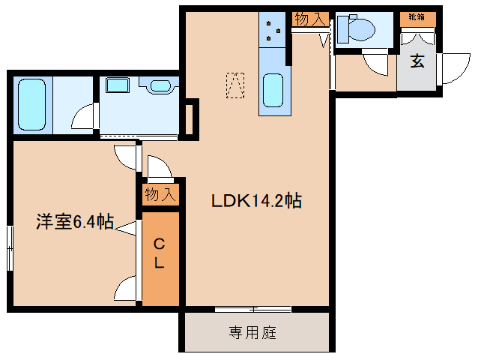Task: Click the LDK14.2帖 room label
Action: click(257, 201)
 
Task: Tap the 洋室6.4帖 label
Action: click(75, 222)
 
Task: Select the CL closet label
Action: click(159, 253)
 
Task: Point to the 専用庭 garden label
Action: click(252, 332)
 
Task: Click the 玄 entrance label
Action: click(417, 61)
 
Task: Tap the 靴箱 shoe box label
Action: click(417, 16)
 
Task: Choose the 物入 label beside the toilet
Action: click(310, 19)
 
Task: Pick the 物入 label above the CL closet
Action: click(160, 194)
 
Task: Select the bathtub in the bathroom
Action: click(31, 104)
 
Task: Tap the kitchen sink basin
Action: click(273, 90)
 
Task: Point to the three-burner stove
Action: click(272, 30)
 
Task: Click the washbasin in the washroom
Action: click(160, 85)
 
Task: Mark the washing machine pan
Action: click(118, 85)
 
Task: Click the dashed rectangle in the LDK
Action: click(235, 85)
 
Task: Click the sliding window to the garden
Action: click(252, 309)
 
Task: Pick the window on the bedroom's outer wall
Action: click(10, 248)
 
